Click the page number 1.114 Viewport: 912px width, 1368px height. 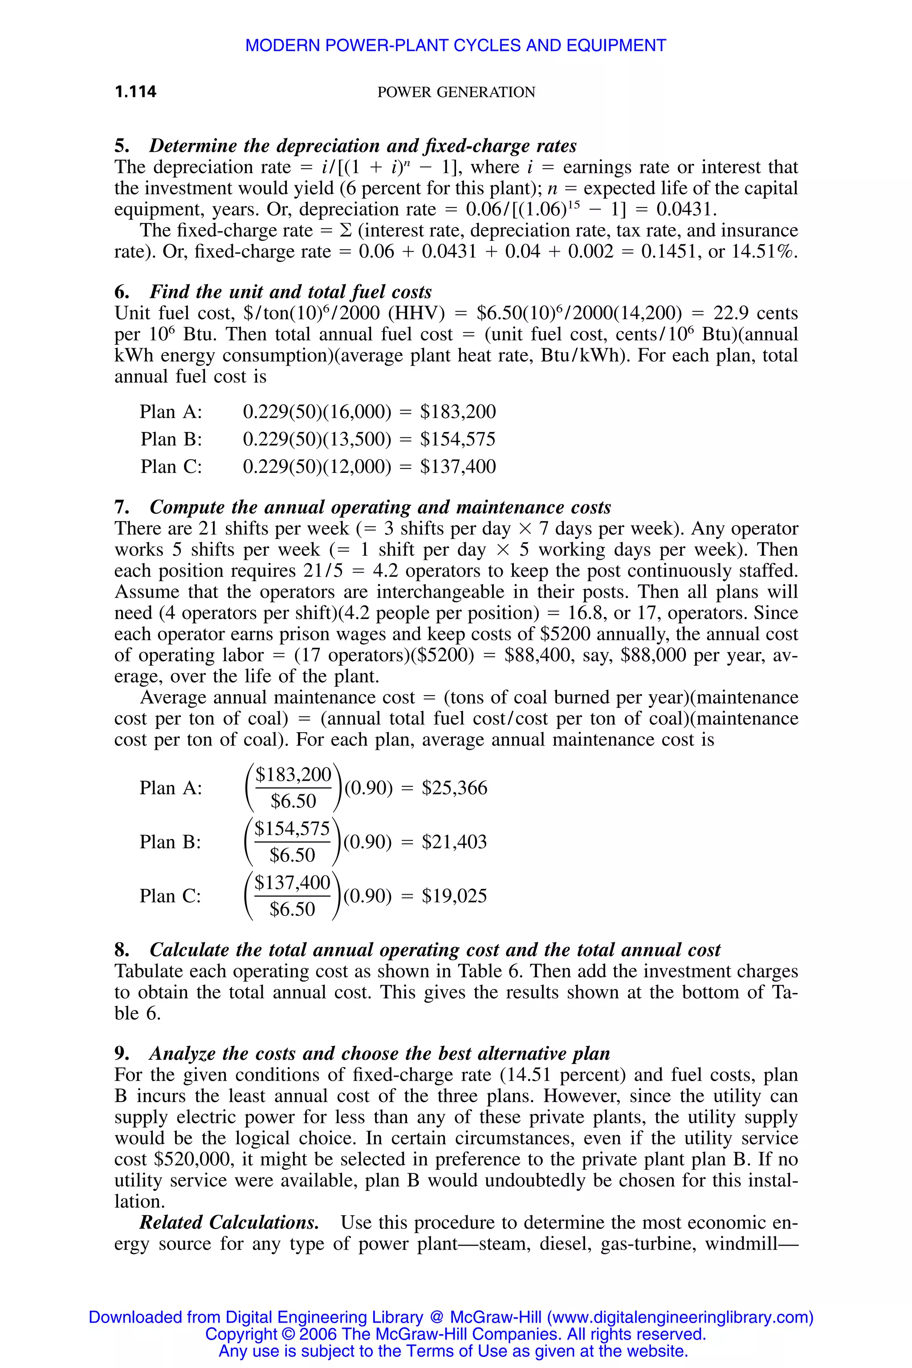135,91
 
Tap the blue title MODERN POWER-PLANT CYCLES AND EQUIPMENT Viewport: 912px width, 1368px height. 456,45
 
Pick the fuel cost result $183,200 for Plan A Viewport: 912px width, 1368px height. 458,412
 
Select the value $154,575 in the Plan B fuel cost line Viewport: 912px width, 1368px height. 458,439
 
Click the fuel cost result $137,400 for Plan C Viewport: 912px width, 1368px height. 458,467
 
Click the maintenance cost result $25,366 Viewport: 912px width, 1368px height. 454,788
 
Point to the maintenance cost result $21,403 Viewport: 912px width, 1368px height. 454,842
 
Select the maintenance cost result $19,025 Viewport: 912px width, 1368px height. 454,896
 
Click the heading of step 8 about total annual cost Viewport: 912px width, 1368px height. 435,950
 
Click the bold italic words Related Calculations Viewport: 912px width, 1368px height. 229,1222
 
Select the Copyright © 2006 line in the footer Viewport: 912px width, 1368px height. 456,1334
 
